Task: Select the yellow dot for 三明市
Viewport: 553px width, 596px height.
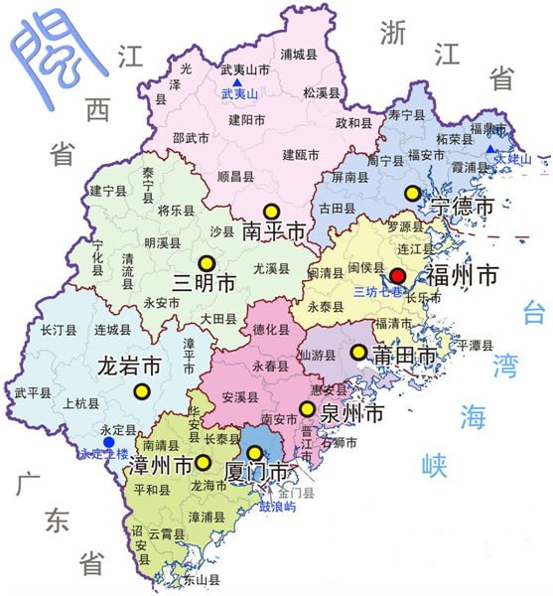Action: click(x=207, y=263)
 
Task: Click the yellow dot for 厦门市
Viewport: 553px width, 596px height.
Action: click(x=255, y=454)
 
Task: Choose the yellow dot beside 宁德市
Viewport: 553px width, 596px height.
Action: click(x=412, y=192)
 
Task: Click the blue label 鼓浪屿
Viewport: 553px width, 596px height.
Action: click(x=278, y=506)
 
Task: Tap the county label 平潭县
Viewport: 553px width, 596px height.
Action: click(x=475, y=345)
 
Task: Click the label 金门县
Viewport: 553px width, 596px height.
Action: click(x=296, y=491)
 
